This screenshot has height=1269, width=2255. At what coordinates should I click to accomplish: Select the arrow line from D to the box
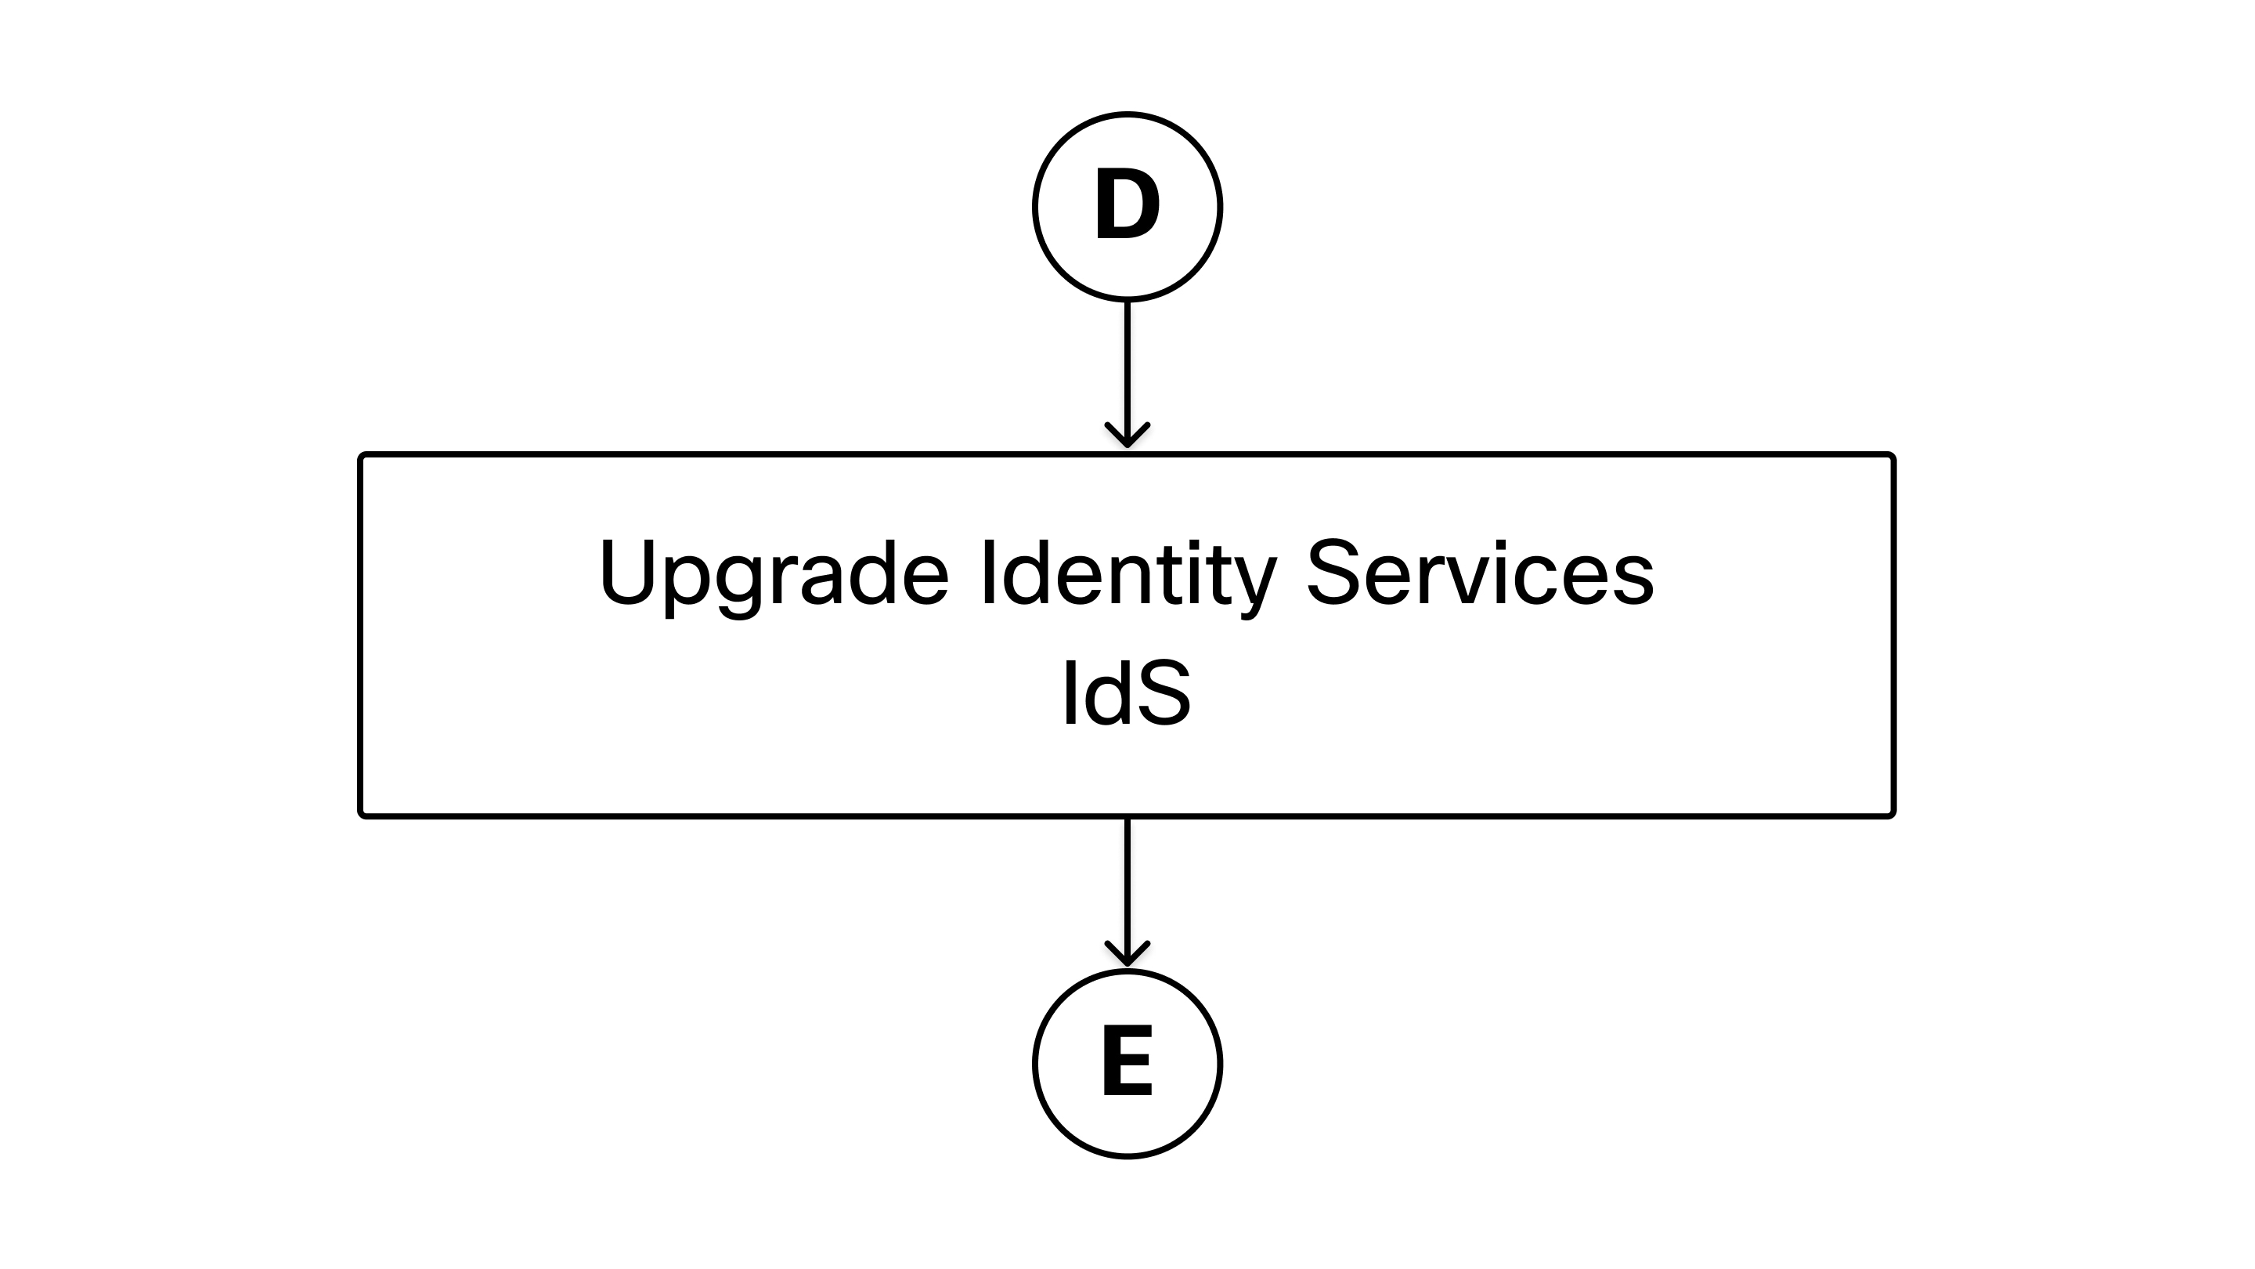click(x=1127, y=374)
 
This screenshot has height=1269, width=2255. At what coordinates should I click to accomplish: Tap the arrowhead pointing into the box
click(x=1127, y=436)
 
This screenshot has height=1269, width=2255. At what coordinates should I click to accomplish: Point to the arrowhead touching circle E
click(x=1127, y=955)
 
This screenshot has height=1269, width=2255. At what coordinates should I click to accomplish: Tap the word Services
click(x=1481, y=571)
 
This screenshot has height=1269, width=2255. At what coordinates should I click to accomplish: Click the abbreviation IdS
click(x=1127, y=692)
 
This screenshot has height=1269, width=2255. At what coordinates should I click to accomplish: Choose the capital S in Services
click(x=1335, y=571)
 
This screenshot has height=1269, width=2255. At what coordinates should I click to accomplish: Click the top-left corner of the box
click(x=361, y=454)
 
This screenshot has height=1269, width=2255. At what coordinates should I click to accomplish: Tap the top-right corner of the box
click(x=1894, y=454)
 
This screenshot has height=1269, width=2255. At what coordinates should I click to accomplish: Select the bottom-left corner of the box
click(x=361, y=816)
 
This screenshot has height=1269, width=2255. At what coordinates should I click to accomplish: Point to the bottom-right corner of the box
click(x=1894, y=816)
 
